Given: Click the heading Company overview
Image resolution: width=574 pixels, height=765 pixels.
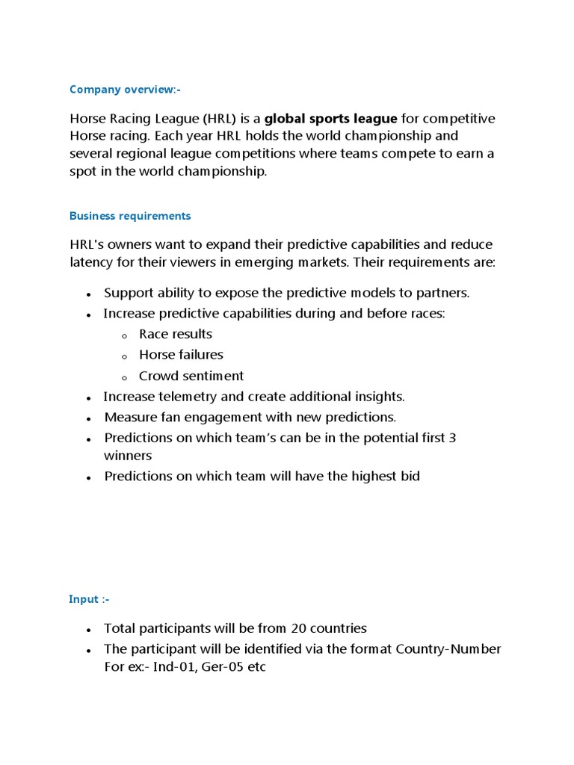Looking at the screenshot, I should coord(125,90).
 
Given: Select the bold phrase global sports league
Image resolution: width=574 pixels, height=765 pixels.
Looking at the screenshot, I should coord(331,119).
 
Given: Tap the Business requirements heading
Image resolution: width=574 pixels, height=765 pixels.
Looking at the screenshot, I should coord(130,216).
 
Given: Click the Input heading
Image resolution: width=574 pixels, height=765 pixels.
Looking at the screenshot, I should coord(89,599).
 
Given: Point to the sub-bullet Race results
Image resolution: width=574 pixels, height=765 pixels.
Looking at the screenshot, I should coord(176,334).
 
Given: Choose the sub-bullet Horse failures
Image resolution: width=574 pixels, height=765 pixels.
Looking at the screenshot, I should coord(181,355).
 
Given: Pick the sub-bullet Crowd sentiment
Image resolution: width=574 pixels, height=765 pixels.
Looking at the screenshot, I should coord(191,376).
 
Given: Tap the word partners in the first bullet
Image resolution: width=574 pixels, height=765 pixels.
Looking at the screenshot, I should coord(443,292).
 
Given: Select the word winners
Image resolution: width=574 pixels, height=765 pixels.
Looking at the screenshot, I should coord(128,455).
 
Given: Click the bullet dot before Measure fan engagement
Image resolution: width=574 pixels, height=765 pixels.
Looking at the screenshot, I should coord(89,418).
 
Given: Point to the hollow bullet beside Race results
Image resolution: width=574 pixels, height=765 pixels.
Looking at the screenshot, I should coord(124,335).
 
